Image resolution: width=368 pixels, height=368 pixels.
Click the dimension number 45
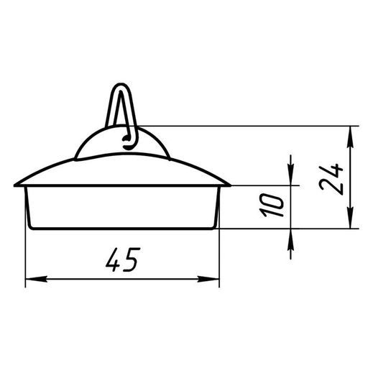(x=123, y=259)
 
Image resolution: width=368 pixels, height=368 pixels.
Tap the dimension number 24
(x=331, y=179)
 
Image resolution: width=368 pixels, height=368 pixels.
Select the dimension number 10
(x=272, y=205)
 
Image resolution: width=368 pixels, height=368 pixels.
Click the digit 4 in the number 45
(x=114, y=259)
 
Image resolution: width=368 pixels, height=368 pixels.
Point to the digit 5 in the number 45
(x=132, y=259)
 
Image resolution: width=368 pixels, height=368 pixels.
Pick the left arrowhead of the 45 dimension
(x=36, y=279)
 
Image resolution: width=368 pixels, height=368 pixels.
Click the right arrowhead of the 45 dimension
(x=208, y=279)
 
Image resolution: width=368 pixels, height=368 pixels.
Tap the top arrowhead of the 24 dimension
(x=350, y=137)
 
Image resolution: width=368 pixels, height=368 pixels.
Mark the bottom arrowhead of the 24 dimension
(x=350, y=217)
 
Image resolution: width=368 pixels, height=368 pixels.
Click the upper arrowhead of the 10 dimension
(x=290, y=175)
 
